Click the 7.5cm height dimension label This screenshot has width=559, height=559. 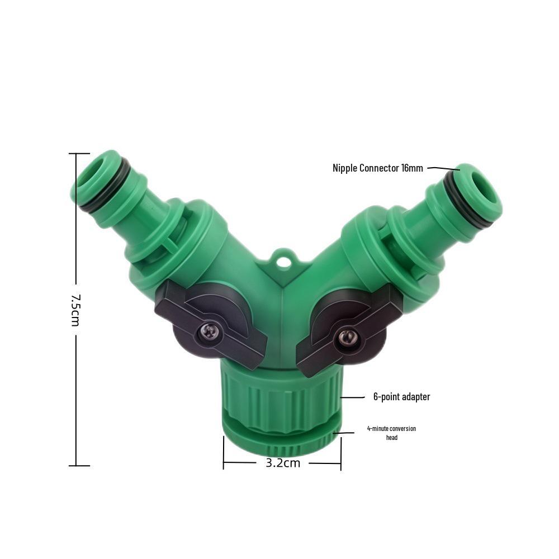click(76, 309)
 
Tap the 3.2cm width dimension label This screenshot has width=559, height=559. click(282, 463)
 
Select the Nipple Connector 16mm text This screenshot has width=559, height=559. click(378, 168)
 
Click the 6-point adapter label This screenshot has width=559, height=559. click(401, 397)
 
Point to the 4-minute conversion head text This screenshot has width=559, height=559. click(391, 433)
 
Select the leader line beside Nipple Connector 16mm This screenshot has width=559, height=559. click(443, 168)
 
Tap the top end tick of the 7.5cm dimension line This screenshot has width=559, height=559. click(79, 153)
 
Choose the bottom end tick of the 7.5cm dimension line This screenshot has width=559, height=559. click(79, 465)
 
